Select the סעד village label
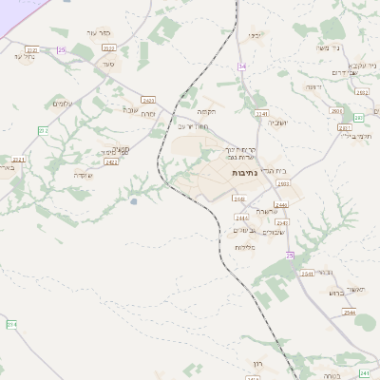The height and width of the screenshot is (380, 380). (x=108, y=64)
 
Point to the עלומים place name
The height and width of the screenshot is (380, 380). (x=61, y=104)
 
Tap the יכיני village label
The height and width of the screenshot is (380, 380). (x=254, y=35)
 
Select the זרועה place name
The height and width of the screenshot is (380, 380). (x=312, y=86)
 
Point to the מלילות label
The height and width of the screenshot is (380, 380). (x=245, y=247)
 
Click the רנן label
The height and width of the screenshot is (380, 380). (x=257, y=363)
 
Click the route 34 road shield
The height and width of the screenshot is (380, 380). (x=242, y=66)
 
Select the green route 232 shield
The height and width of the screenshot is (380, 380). (x=43, y=129)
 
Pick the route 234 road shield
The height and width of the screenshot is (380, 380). (x=12, y=324)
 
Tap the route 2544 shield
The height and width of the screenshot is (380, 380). (x=350, y=313)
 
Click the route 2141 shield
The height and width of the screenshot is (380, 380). (x=261, y=113)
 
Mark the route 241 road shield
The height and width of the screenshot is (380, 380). (x=366, y=374)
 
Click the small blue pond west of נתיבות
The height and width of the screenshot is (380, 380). (x=134, y=200)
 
